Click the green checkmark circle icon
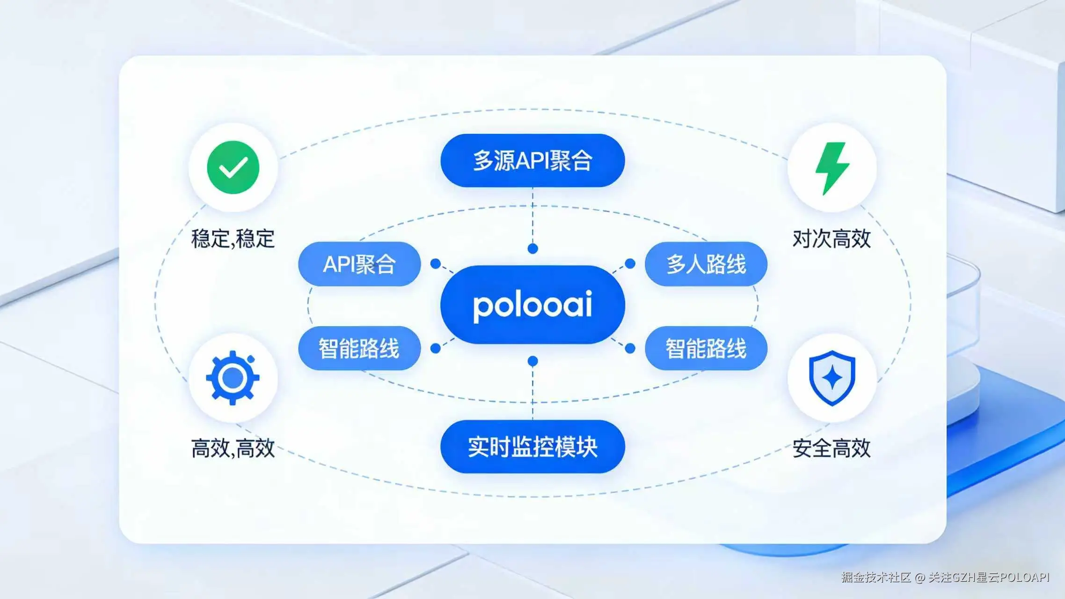pos(233,167)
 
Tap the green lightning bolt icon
pos(832,168)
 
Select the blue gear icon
pos(233,378)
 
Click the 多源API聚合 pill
pos(532,161)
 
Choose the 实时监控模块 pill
pos(532,447)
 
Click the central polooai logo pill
pos(532,305)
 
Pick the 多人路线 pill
pos(706,264)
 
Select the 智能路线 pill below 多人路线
pos(706,349)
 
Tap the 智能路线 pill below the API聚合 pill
pos(359,349)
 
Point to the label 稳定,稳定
pos(233,239)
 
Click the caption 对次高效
pos(832,239)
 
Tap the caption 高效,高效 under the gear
pos(233,448)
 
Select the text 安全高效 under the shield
pos(832,448)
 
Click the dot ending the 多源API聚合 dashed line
pos(532,248)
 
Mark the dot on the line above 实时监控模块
pos(532,361)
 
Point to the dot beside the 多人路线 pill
pos(630,264)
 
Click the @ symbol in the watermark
pos(919,577)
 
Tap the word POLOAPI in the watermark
pos(1025,577)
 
